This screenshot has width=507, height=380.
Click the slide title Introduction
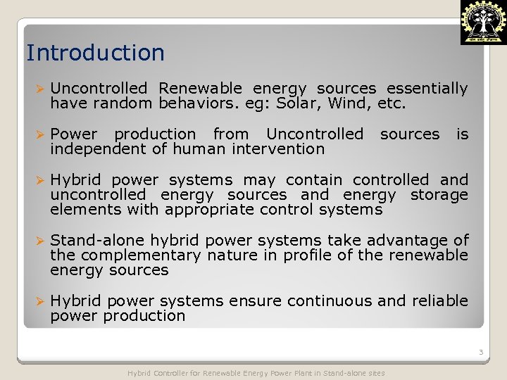(95, 53)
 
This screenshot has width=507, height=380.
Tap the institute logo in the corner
(482, 23)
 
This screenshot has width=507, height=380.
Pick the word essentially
(427, 89)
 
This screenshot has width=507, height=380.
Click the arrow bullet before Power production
(40, 134)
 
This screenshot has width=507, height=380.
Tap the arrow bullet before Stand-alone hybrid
(40, 241)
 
